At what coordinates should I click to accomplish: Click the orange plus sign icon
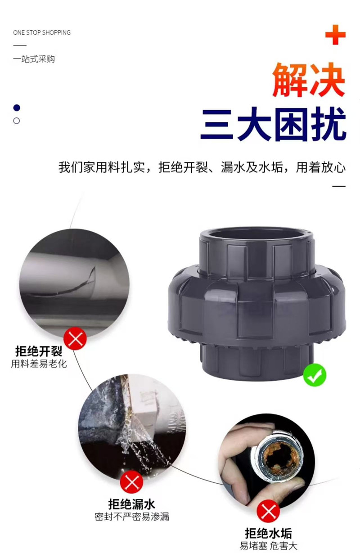335,35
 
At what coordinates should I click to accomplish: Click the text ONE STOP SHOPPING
42,32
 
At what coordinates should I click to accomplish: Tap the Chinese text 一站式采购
34,59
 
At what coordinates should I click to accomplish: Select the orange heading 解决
309,80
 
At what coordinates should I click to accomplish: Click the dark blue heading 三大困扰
274,124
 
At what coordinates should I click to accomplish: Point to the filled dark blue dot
17,108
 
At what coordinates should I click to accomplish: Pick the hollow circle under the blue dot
16,121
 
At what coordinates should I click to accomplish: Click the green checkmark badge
315,375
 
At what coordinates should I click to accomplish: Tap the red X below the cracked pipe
75,338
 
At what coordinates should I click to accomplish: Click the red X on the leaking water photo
131,482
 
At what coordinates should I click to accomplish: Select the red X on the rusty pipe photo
268,511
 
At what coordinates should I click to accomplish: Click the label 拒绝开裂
39,351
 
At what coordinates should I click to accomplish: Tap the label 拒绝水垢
269,533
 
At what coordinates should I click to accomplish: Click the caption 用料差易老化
39,364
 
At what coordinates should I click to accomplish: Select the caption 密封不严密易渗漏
131,517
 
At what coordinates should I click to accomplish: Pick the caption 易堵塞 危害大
269,546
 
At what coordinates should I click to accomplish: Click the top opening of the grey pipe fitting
257,235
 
